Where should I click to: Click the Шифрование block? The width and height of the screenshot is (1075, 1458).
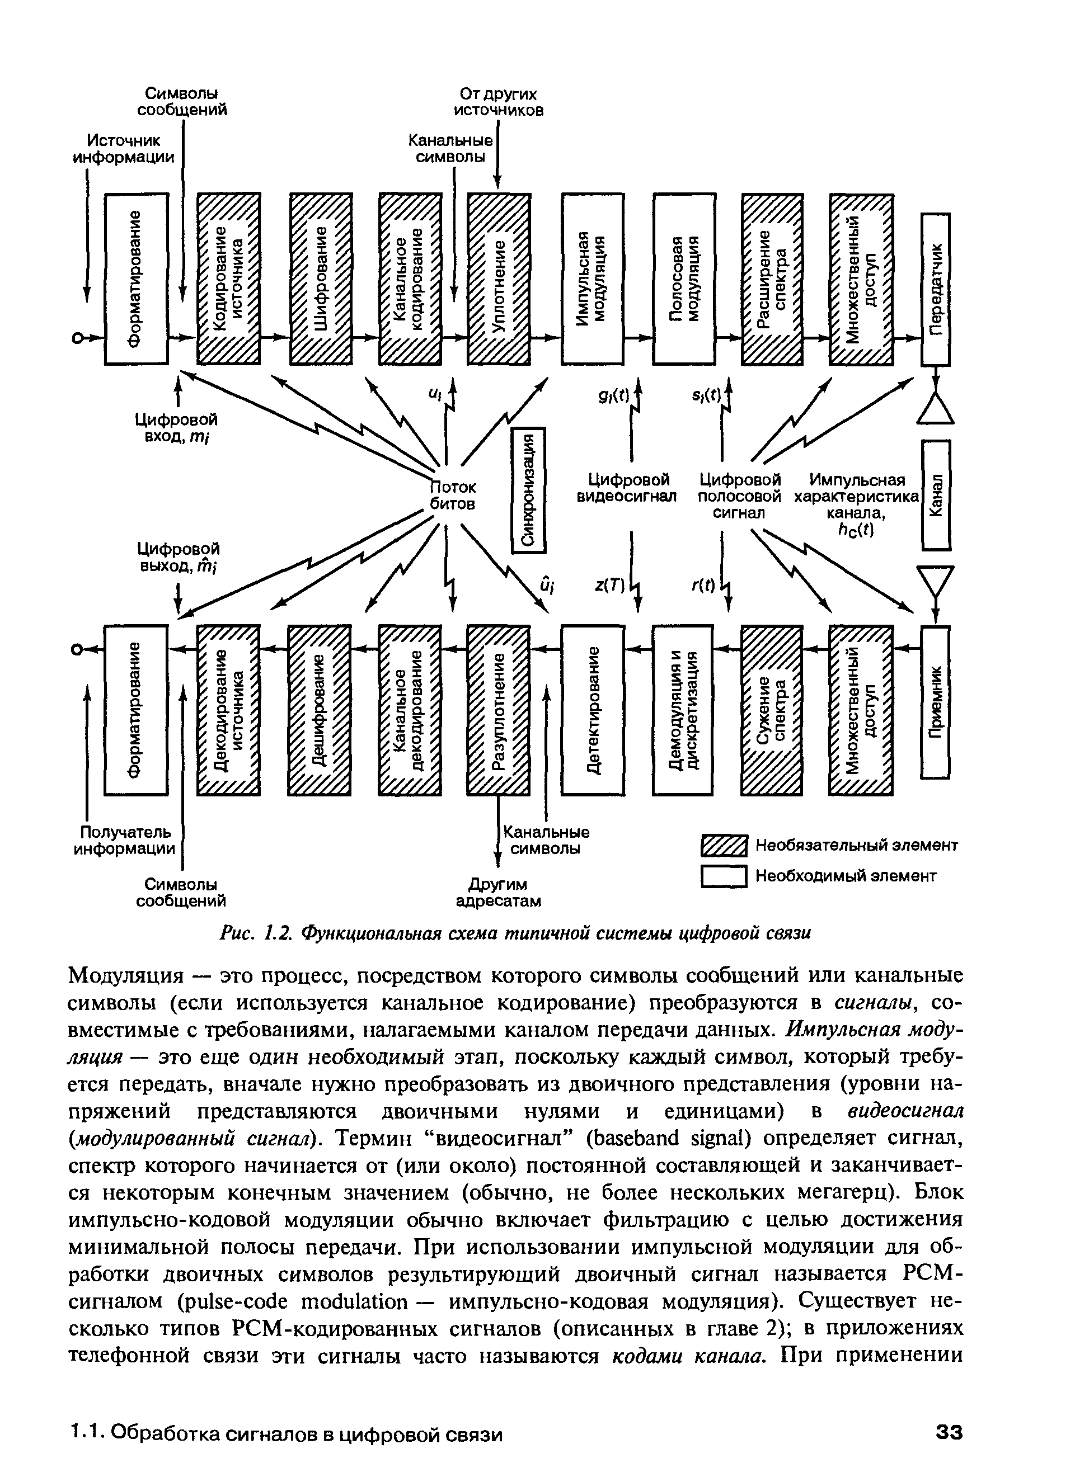(x=321, y=279)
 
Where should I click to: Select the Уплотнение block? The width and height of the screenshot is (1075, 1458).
(x=499, y=279)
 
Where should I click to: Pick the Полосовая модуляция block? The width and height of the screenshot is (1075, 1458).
(x=684, y=279)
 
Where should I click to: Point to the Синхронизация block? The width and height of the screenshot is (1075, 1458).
(x=529, y=490)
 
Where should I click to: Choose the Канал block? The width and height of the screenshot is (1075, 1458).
(x=936, y=495)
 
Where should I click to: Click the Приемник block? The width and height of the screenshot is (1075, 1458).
(x=935, y=702)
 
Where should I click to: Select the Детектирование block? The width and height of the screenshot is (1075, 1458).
(x=593, y=710)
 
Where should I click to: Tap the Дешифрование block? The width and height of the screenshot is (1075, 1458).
(x=320, y=710)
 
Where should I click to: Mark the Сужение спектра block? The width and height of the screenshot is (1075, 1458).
(x=772, y=710)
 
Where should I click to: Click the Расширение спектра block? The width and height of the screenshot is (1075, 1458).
(x=772, y=279)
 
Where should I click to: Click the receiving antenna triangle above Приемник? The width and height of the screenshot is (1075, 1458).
(x=935, y=580)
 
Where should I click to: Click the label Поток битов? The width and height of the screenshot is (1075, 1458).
(x=453, y=496)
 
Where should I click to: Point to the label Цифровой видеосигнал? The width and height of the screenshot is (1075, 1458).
(x=628, y=488)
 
